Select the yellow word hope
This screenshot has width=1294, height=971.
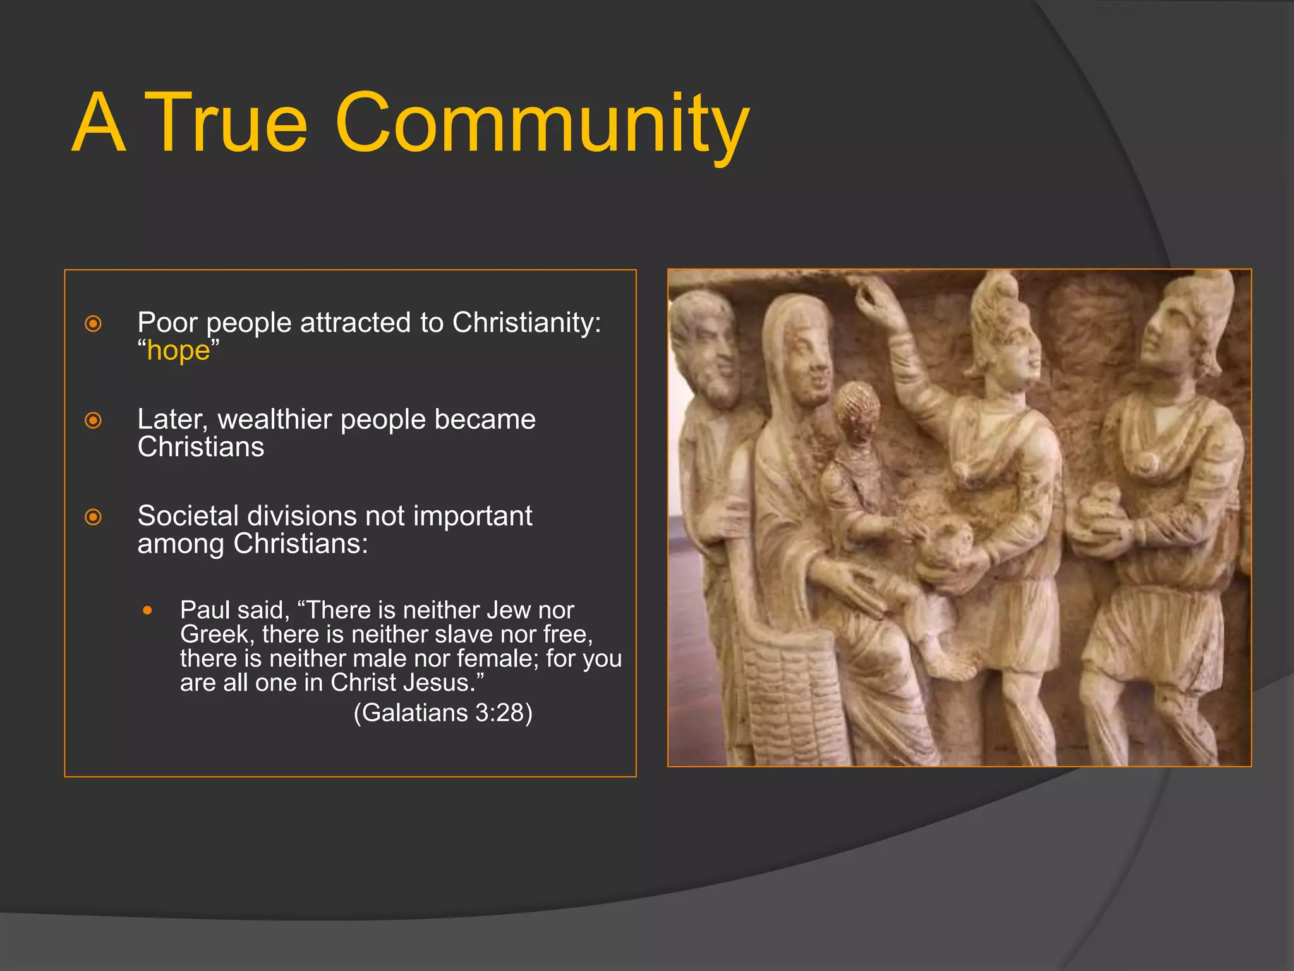[178, 351]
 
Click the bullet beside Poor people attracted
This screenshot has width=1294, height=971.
[93, 324]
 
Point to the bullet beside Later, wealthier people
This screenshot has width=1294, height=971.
[93, 420]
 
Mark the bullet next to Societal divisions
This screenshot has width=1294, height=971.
[93, 517]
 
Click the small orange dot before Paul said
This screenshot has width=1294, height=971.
[147, 611]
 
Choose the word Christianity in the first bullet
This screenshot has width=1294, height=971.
[526, 323]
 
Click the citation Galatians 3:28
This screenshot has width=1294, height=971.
[443, 713]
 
